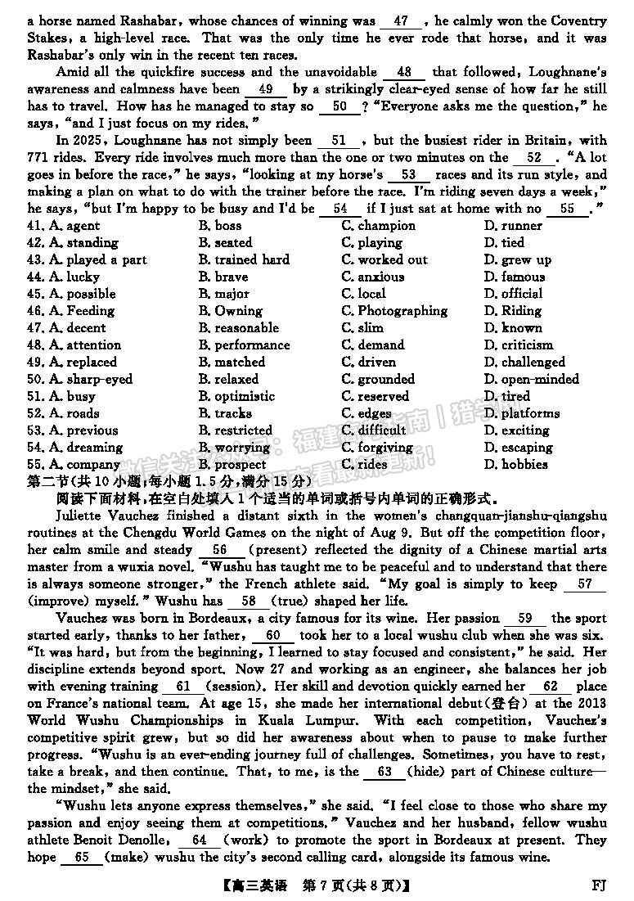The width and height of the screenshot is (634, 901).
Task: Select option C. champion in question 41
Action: pos(378,226)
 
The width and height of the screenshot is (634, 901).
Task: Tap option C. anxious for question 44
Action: pos(372,277)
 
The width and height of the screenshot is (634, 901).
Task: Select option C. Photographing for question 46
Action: pos(394,311)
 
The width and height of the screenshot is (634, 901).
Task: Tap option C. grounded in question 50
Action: pos(378,380)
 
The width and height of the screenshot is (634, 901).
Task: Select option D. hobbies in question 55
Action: pos(515,464)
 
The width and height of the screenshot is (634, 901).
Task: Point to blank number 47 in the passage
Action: pos(401,20)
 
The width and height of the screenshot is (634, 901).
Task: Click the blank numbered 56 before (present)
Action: pos(219,550)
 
